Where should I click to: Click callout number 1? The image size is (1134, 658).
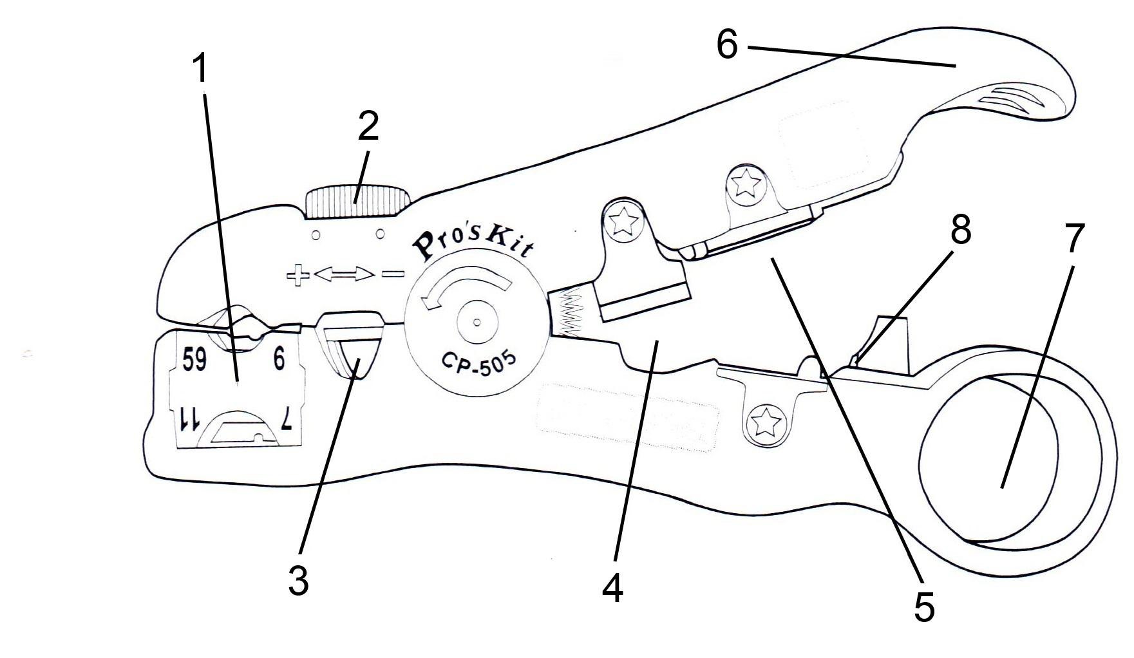click(x=202, y=69)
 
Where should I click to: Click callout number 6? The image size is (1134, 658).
click(x=727, y=46)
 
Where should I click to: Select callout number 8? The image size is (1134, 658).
click(x=960, y=230)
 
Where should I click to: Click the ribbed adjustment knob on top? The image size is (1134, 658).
click(x=358, y=202)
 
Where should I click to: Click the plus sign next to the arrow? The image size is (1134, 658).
click(x=298, y=276)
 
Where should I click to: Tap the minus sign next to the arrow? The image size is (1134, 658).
click(x=392, y=274)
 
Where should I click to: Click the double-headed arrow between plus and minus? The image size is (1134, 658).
click(x=344, y=276)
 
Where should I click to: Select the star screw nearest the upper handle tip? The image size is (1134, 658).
click(x=747, y=184)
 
